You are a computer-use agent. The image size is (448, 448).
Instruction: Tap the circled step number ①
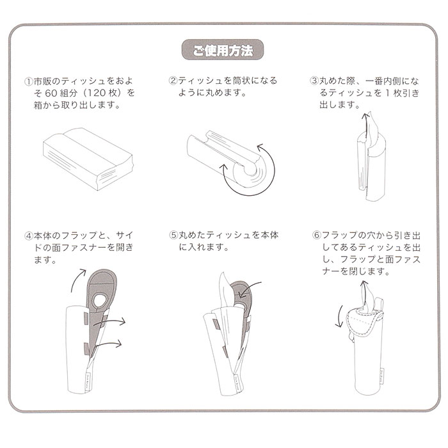[x=28, y=82]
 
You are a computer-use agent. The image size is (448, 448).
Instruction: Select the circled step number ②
[x=173, y=81]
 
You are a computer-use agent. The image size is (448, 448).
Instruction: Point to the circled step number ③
[x=314, y=81]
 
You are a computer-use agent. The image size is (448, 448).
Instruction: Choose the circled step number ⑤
[x=173, y=235]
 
